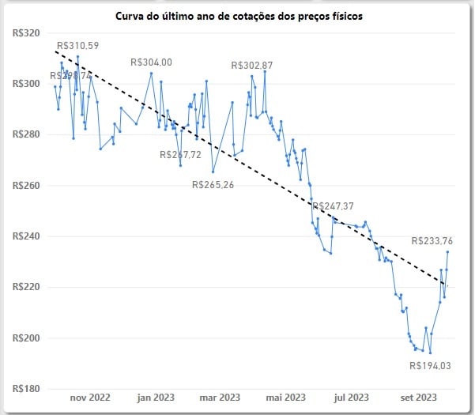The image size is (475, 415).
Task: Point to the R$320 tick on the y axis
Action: (x=28, y=33)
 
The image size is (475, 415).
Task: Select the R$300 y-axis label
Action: (x=28, y=84)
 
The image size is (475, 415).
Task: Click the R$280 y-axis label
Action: (x=28, y=135)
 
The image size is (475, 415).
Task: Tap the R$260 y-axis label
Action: (x=28, y=186)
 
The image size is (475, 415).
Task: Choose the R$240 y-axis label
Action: (x=28, y=236)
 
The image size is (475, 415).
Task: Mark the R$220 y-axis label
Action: (x=28, y=287)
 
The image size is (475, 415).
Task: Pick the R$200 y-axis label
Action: (x=28, y=338)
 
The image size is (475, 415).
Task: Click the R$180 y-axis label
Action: (x=28, y=388)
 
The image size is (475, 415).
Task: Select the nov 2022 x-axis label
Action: (x=89, y=397)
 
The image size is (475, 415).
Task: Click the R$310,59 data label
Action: (x=77, y=46)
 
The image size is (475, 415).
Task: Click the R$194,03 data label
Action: (x=430, y=366)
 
